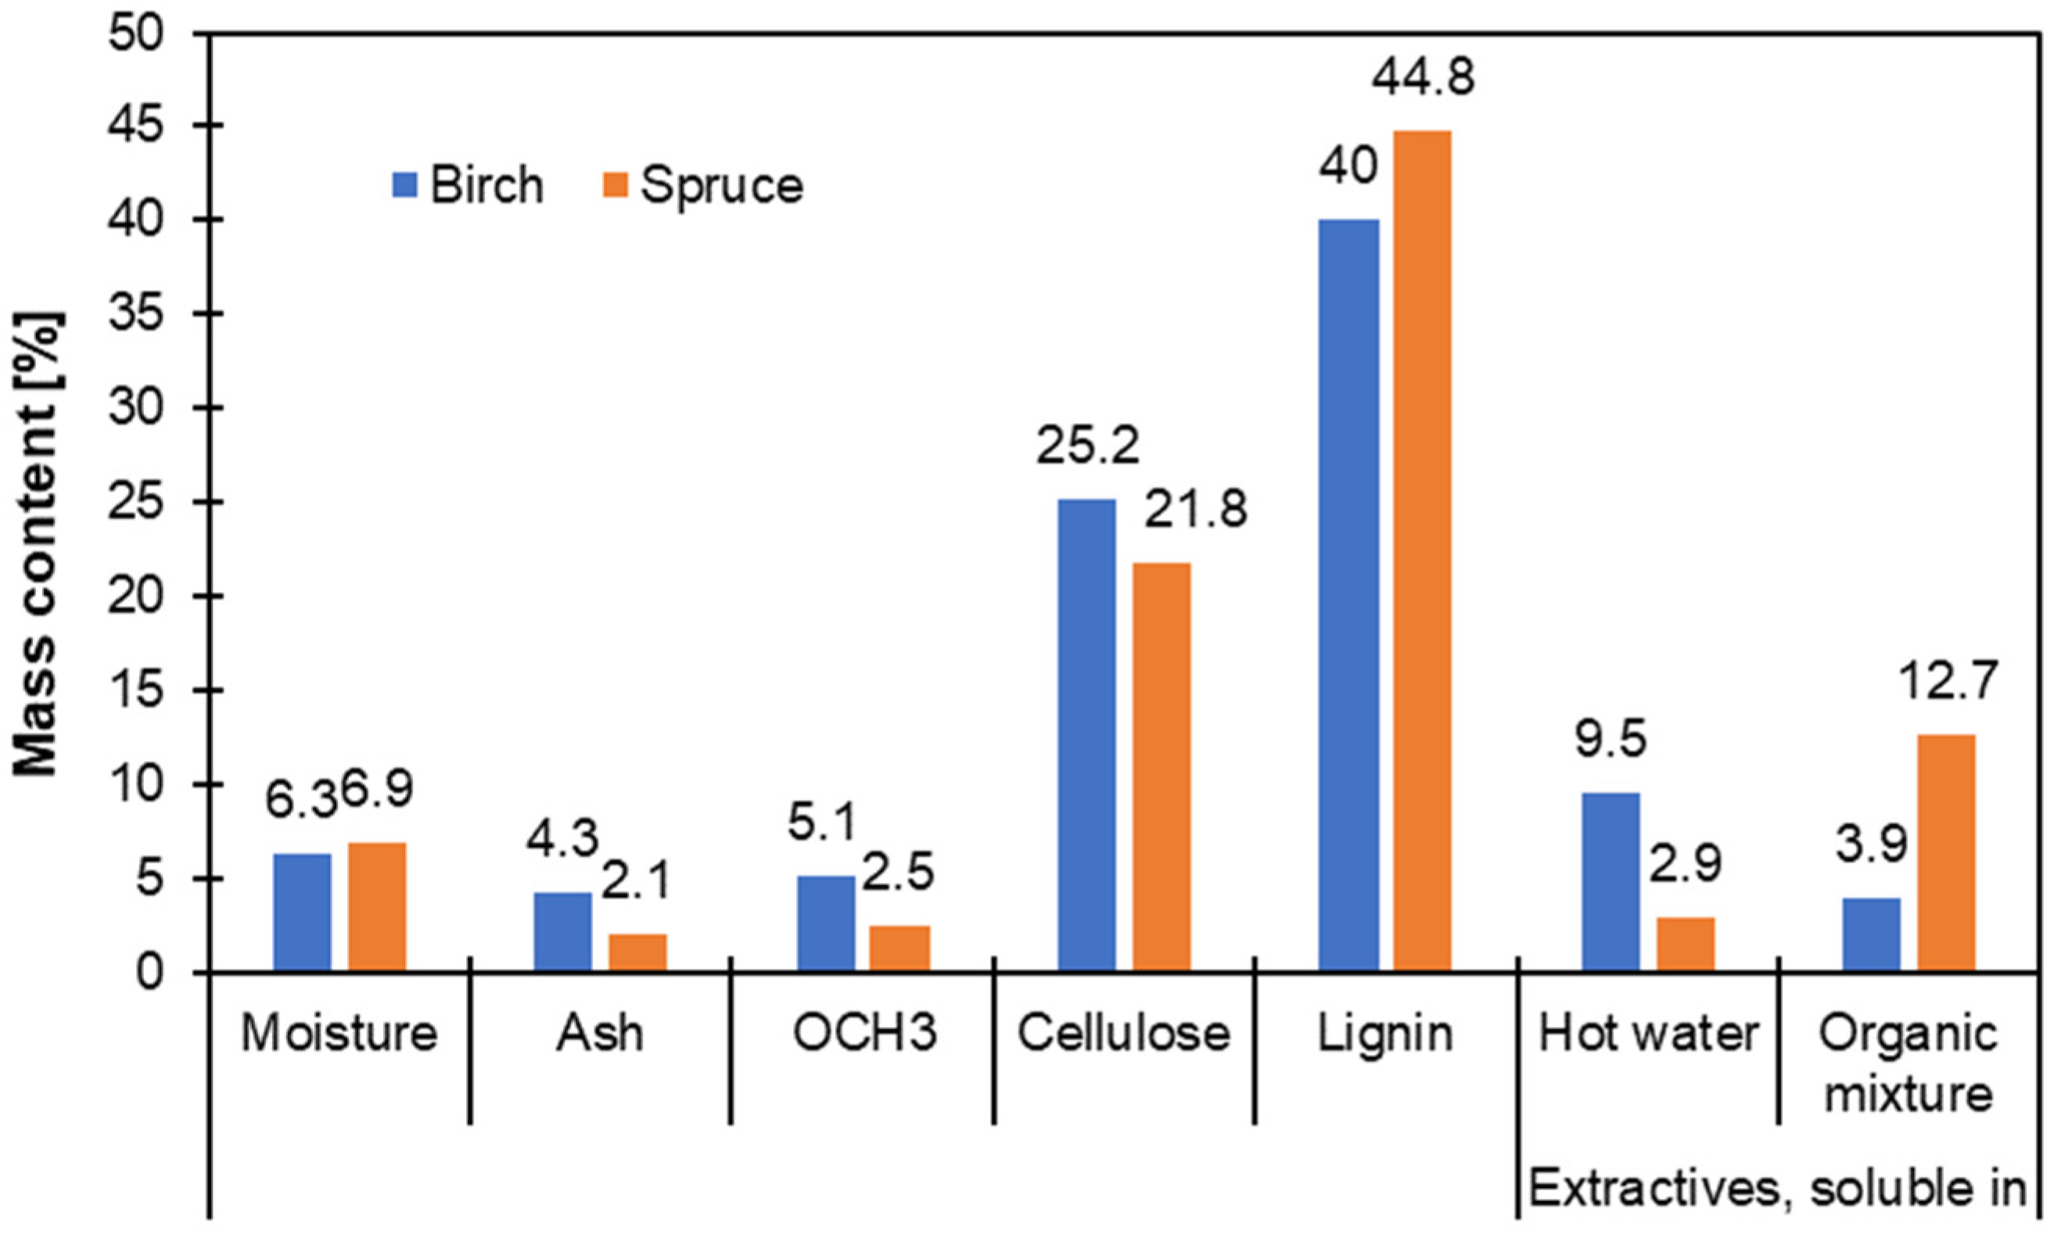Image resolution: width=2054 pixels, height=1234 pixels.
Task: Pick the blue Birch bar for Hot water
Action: point(1610,881)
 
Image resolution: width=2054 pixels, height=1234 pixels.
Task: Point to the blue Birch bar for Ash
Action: point(563,931)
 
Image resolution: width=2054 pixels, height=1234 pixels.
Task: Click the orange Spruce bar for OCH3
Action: point(900,948)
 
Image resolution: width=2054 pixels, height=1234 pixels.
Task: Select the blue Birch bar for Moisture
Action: point(302,912)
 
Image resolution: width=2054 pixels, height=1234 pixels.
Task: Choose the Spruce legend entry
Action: point(702,185)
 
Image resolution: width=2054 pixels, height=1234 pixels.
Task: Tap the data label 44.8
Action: point(1423,77)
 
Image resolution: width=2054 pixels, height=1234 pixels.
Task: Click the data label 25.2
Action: point(1087,447)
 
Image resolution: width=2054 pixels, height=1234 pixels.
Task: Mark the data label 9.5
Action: point(1611,740)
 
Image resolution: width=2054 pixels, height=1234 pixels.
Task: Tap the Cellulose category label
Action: point(1123,1035)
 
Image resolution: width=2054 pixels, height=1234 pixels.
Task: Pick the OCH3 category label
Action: point(864,1035)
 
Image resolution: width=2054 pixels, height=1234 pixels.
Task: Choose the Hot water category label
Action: point(1649,1035)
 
